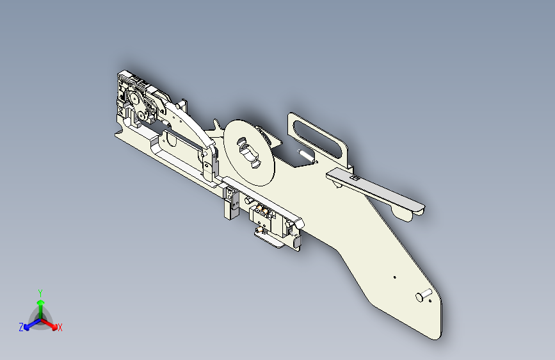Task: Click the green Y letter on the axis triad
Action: (x=40, y=292)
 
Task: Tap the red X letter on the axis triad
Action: (x=60, y=328)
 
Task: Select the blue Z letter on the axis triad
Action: (x=21, y=327)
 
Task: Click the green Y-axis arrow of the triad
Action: (x=40, y=306)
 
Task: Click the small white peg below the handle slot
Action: (x=303, y=154)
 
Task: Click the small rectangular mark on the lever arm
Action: (x=352, y=177)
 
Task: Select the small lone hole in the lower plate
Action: (x=394, y=277)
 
